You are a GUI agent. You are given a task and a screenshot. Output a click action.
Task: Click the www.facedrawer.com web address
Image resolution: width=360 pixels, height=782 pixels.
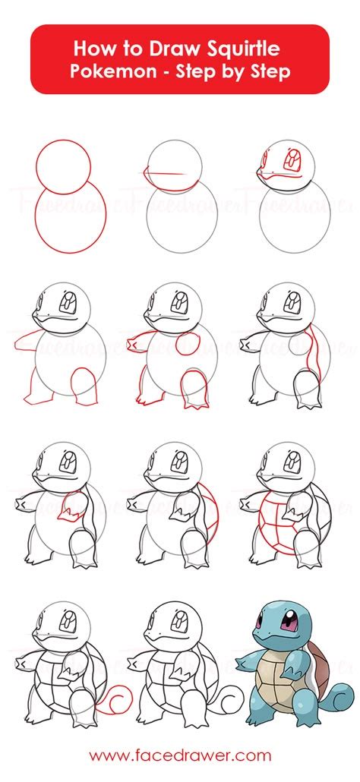180,755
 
